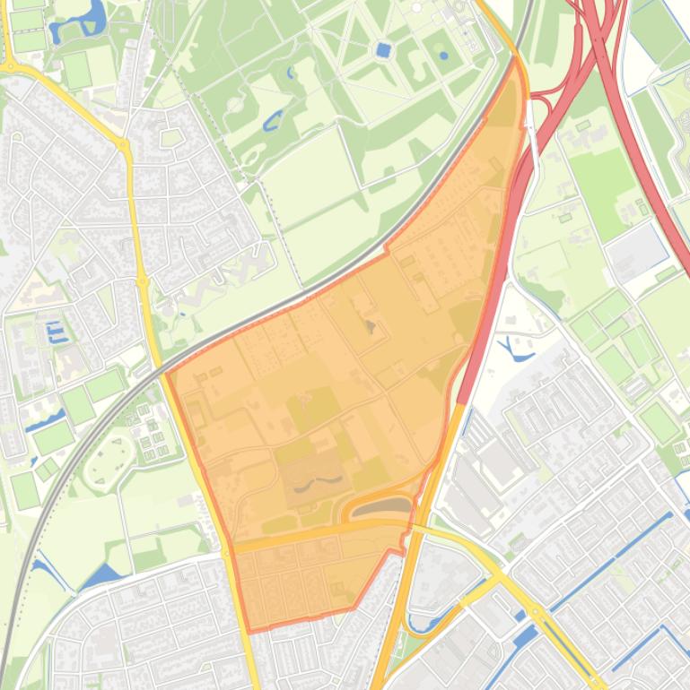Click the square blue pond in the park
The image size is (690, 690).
click(x=384, y=50)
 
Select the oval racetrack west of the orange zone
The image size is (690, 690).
click(x=109, y=458)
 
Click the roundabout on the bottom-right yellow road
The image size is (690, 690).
click(x=536, y=611)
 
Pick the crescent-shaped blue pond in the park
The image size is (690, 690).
click(x=273, y=118)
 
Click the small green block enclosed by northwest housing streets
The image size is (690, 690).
click(x=171, y=137)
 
